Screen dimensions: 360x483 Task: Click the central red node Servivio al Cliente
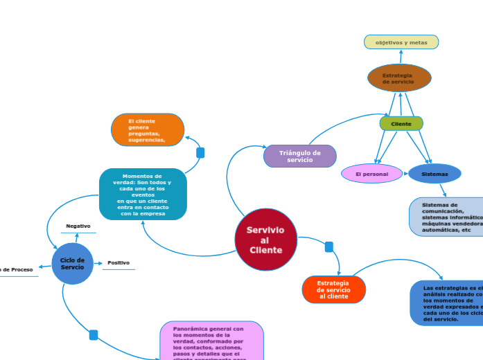[266, 240]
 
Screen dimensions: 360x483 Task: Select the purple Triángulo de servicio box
[299, 156]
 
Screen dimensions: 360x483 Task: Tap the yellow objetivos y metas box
[401, 42]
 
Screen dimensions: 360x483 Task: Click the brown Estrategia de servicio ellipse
[399, 78]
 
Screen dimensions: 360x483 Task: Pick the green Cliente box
[401, 124]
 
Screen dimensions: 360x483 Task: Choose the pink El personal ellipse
[372, 174]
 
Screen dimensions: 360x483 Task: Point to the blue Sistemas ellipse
[434, 174]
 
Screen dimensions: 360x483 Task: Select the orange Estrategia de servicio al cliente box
[333, 289]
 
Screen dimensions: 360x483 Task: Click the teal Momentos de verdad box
[143, 195]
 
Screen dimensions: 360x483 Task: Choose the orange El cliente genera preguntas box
[148, 130]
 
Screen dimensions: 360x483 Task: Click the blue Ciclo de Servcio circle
[72, 264]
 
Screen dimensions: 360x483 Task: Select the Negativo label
[78, 226]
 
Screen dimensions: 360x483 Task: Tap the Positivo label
[118, 263]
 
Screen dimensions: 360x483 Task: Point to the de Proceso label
[17, 269]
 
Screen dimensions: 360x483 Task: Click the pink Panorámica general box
[211, 341]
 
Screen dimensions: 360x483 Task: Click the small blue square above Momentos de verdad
[200, 152]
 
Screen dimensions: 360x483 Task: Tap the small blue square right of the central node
[329, 247]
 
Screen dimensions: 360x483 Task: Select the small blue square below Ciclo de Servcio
[94, 335]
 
